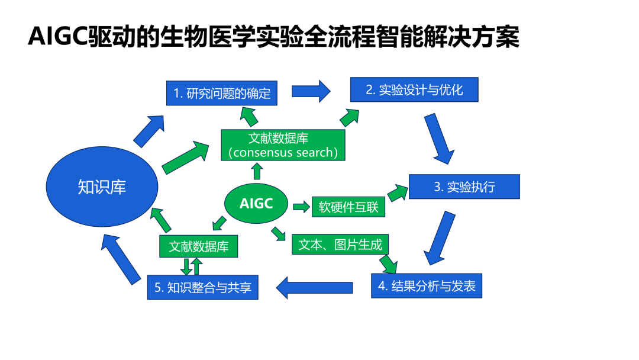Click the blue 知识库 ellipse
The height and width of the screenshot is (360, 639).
(102, 187)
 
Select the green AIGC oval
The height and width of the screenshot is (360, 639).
(256, 204)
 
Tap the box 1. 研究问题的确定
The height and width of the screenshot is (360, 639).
(221, 93)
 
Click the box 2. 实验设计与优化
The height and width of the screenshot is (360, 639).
(414, 89)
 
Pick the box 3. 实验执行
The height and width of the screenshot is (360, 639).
(464, 187)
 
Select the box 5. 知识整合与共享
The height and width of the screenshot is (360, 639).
(202, 287)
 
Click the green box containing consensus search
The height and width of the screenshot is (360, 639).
(283, 146)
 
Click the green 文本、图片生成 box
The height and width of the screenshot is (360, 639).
(340, 245)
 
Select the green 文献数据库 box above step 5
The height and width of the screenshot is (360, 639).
(198, 246)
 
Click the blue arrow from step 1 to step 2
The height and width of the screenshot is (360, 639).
(311, 91)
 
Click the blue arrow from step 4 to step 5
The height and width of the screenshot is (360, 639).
(314, 287)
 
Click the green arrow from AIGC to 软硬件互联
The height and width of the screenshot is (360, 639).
(301, 207)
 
